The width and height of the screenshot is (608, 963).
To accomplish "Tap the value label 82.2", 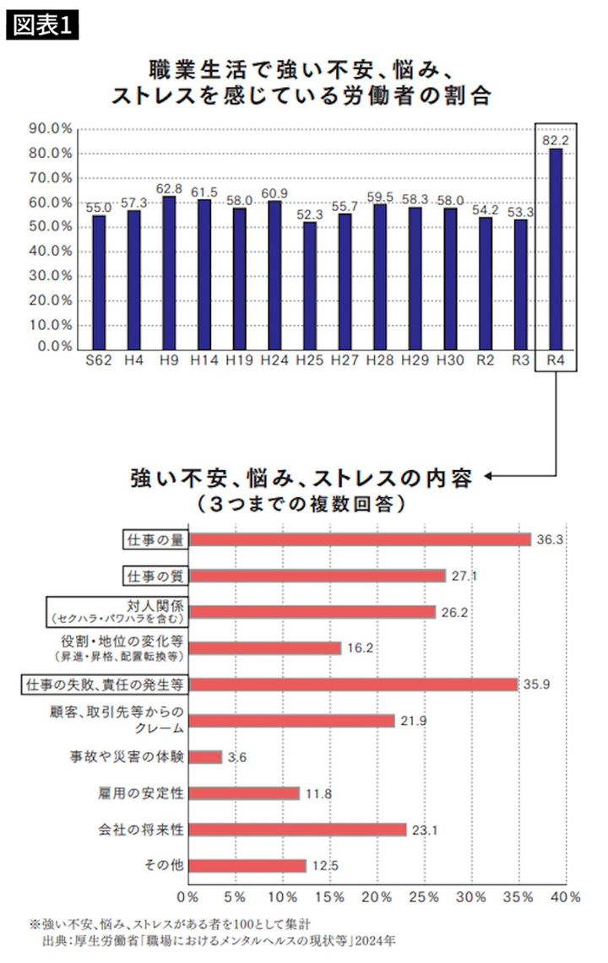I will pos(556,141).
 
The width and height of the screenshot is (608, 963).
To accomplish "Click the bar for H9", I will pos(169,271).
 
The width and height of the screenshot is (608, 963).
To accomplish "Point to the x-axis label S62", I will pos(99,360).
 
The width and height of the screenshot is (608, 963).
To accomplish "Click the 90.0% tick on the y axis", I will pos(50,129).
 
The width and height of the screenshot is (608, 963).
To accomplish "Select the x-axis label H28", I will pos(380,360).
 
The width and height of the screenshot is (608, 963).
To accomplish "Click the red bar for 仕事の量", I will pos(359,539).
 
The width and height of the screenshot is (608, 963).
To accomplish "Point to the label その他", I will pos(166,866).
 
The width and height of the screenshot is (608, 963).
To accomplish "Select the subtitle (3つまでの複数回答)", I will pos(300,504).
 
